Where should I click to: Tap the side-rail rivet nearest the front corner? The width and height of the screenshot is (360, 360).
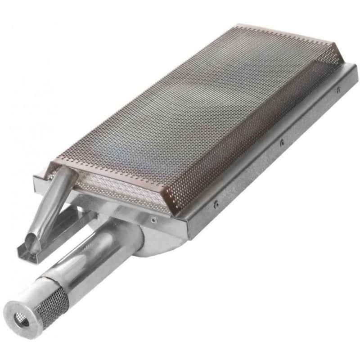coord(216,203)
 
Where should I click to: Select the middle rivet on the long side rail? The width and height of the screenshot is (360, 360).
coord(281,143)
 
